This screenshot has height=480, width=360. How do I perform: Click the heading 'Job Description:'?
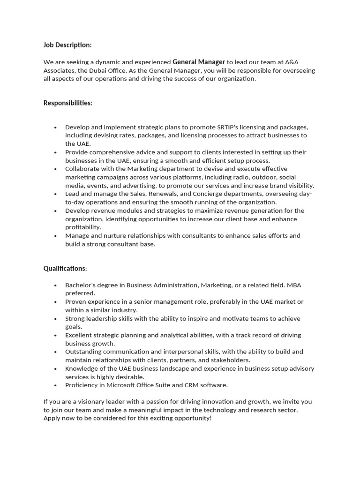click(x=67, y=45)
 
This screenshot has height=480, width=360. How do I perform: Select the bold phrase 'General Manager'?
click(x=199, y=62)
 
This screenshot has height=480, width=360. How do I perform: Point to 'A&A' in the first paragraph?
click(x=292, y=62)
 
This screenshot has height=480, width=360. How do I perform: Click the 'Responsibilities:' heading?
click(x=68, y=103)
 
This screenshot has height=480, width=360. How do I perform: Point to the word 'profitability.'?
click(x=83, y=227)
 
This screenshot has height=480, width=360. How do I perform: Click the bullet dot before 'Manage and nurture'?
click(x=55, y=236)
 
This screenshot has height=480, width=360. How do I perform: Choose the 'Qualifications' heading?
click(x=65, y=269)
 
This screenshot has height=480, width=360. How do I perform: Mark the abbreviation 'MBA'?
click(x=294, y=285)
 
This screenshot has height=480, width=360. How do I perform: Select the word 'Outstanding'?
click(x=83, y=352)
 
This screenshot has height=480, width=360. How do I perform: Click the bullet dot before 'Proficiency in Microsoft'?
click(x=55, y=386)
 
